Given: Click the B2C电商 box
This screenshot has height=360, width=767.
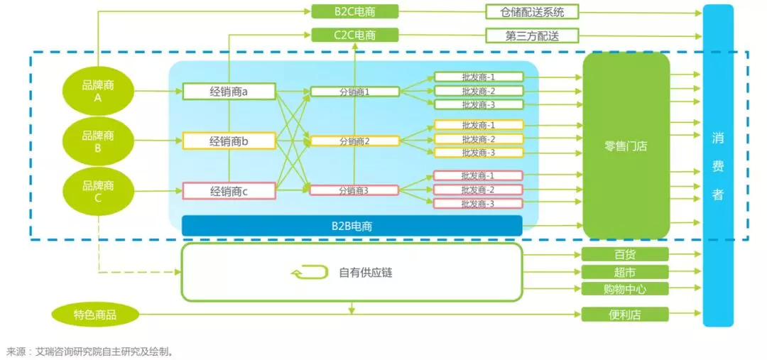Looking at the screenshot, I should pos(355,11).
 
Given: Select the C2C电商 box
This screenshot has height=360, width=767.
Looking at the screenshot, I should pos(355,35).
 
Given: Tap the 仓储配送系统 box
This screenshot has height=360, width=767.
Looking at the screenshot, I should pos(532,11).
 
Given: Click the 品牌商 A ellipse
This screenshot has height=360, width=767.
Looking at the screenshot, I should pos(98,92).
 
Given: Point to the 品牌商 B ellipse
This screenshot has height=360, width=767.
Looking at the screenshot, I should pos(98,141).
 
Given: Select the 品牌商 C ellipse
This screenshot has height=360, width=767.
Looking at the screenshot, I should pos(98,192).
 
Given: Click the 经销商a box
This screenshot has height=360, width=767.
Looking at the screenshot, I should pos(229,91).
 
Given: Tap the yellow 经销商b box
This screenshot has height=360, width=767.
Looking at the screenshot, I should pos(229,141).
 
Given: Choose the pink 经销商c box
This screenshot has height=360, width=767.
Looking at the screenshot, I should pos(229,191).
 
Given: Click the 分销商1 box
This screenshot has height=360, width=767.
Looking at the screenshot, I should pos(354,92).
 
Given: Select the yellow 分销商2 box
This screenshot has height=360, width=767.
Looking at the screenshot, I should pos(354,141).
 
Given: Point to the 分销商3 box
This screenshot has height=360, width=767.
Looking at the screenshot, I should pos(354,190).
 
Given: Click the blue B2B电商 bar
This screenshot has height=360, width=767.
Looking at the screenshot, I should pos(352,227).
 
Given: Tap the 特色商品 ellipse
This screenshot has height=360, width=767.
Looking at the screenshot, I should pos(95,315).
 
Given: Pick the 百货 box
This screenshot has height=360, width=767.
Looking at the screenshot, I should pos(625,254).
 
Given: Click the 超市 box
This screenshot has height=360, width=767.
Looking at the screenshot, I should pos(625,272).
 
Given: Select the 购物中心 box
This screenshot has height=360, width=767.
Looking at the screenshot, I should pos(625,289).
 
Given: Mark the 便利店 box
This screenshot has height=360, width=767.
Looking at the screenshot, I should pos(625,315).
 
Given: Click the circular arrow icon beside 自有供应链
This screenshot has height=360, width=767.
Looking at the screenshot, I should pos(310,273).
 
